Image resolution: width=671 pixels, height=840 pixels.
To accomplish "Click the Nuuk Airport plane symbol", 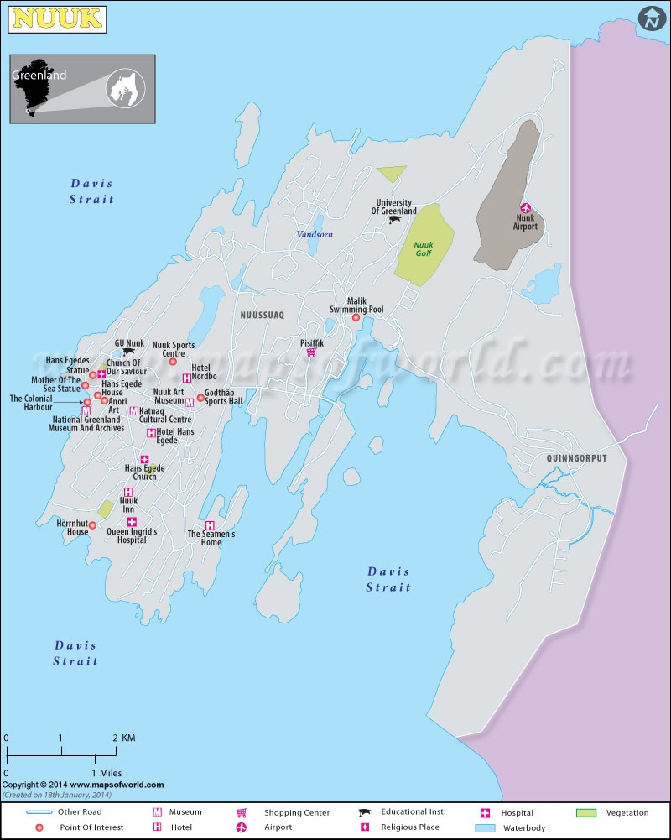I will click(x=527, y=208).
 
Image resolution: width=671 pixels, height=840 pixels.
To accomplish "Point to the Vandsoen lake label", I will click(x=315, y=235).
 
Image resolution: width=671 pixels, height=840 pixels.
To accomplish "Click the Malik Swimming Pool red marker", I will click(x=356, y=318).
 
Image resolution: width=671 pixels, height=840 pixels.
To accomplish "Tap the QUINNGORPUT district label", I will click(x=575, y=458).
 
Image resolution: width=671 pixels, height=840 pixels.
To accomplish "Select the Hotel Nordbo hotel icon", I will click(x=186, y=378).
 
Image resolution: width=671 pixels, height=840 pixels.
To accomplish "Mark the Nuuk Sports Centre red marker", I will click(x=173, y=362).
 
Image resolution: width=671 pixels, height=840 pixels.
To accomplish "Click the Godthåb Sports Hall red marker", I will click(x=200, y=398).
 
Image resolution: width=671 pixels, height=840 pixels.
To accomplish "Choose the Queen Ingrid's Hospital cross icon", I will click(x=132, y=522).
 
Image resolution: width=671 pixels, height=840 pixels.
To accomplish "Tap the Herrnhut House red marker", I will click(x=92, y=525).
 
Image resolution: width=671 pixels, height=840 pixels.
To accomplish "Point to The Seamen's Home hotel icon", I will click(x=210, y=525).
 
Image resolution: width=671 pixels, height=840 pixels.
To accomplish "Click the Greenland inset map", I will click(x=82, y=88).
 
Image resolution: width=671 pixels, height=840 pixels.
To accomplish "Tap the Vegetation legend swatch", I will click(x=586, y=813).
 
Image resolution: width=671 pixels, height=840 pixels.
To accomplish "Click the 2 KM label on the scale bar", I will click(x=124, y=738).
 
